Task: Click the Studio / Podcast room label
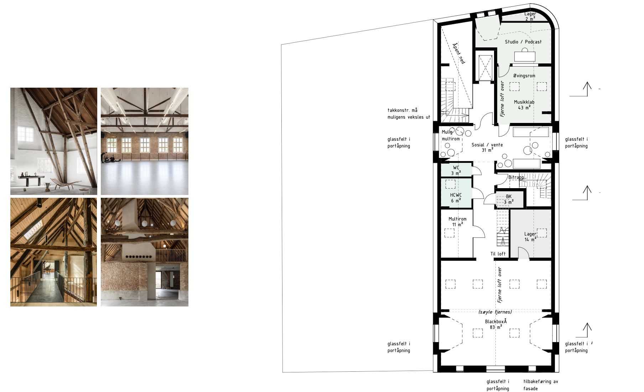pyautogui.click(x=523, y=42)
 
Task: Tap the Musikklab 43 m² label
pyautogui.click(x=524, y=105)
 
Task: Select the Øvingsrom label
pyautogui.click(x=524, y=76)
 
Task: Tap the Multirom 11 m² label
pyautogui.click(x=457, y=222)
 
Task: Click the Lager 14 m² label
pyautogui.click(x=530, y=237)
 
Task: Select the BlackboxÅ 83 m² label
pyautogui.click(x=495, y=324)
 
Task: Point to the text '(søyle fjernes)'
pyautogui.click(x=495, y=312)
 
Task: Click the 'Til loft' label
pyautogui.click(x=498, y=254)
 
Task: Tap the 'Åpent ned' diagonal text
pyautogui.click(x=458, y=53)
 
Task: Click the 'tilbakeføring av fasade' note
pyautogui.click(x=541, y=385)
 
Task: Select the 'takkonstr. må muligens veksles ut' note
pyautogui.click(x=409, y=114)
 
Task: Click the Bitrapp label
pyautogui.click(x=516, y=177)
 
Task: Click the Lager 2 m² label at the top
pyautogui.click(x=530, y=16)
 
